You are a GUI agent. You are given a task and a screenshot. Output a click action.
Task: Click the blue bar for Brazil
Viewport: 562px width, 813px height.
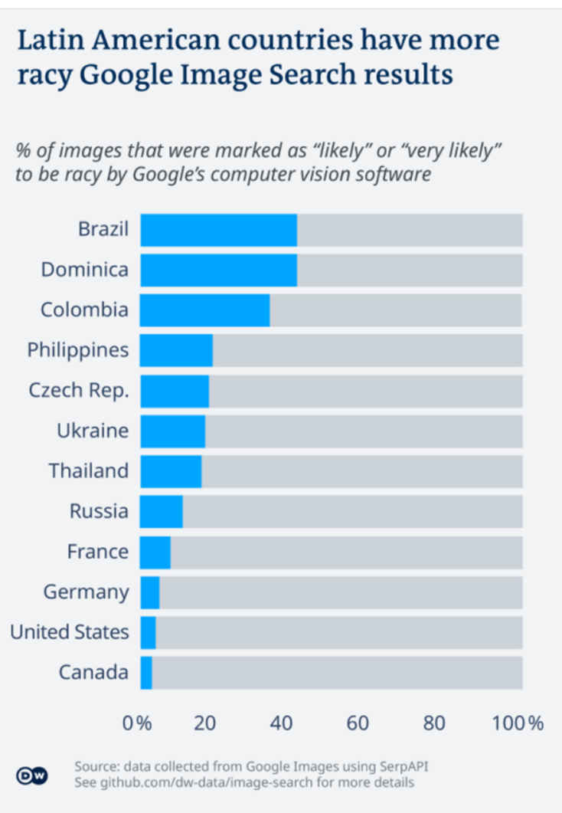point(218,230)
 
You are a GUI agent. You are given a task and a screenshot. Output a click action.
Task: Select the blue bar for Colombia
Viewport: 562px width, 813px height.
point(204,310)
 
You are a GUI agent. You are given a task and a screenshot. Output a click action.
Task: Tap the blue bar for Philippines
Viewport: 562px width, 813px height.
point(176,351)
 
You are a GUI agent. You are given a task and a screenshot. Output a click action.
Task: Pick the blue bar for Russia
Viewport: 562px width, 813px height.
point(161,511)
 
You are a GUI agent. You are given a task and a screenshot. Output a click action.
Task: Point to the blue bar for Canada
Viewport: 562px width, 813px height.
point(146,673)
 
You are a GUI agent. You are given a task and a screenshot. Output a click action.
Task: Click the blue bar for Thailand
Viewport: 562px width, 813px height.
point(170,471)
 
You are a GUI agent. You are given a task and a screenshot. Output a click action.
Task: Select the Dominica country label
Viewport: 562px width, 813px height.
point(85,270)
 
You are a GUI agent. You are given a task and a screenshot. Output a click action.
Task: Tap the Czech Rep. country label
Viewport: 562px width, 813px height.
point(79,390)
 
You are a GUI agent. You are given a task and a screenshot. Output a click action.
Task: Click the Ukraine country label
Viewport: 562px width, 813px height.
point(93,431)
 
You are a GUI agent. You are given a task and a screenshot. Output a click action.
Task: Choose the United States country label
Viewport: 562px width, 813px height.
point(70,632)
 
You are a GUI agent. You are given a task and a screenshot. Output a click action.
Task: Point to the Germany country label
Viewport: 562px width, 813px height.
point(87,592)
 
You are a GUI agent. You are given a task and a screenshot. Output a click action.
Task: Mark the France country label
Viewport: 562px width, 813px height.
point(98,552)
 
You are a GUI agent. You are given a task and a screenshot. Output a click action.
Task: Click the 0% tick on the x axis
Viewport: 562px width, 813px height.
point(139,723)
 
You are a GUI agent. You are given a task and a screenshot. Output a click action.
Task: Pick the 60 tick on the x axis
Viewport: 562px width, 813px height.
point(358,723)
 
